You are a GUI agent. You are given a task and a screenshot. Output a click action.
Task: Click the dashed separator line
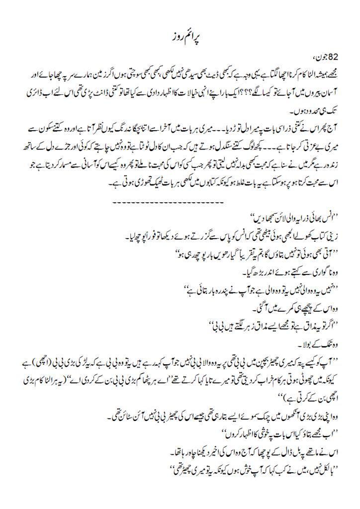180,188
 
